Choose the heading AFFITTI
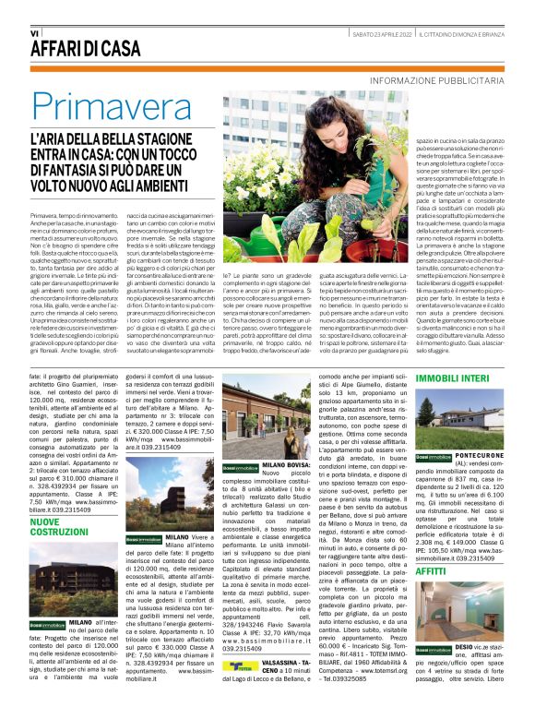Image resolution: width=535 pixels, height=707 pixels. pyautogui.click(x=430, y=572)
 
